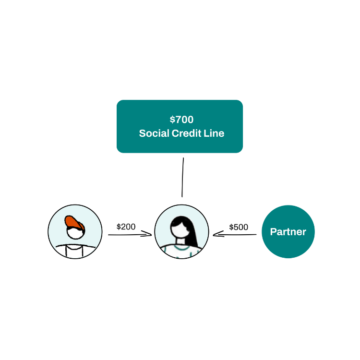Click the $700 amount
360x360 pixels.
point(181,120)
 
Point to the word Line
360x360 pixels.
point(214,133)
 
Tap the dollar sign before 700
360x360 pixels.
point(172,120)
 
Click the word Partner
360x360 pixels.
point(288,232)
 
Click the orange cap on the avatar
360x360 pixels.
point(73,222)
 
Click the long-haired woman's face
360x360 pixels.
point(180,229)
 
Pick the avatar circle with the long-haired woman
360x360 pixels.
point(163,226)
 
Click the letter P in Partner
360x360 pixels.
point(273,232)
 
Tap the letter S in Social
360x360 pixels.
point(142,133)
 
